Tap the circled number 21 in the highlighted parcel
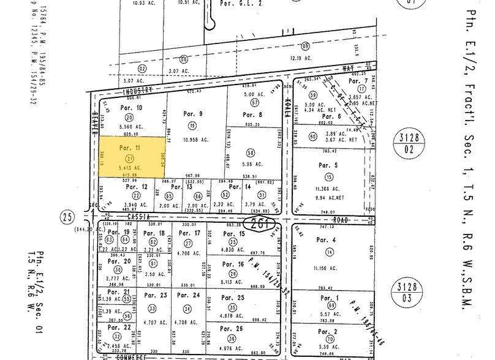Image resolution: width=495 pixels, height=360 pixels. [x=129, y=158]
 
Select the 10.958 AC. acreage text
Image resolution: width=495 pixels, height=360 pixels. [x=194, y=140]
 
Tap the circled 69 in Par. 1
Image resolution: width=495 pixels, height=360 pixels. [x=331, y=305]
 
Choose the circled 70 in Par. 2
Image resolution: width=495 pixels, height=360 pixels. [x=331, y=339]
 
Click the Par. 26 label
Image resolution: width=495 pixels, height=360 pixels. [x=232, y=328]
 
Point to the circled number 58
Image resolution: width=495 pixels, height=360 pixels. [x=250, y=152]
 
